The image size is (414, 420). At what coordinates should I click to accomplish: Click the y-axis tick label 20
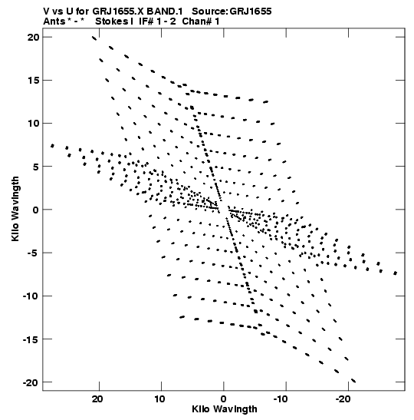pyautogui.click(x=33, y=37)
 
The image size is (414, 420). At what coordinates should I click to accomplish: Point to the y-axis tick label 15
pyautogui.click(x=33, y=80)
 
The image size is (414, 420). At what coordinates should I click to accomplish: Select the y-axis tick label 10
pyautogui.click(x=33, y=123)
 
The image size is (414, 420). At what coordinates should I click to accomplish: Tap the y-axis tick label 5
pyautogui.click(x=36, y=167)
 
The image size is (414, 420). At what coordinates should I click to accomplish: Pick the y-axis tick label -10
pyautogui.click(x=31, y=296)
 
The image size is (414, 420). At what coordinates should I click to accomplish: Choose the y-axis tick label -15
pyautogui.click(x=31, y=339)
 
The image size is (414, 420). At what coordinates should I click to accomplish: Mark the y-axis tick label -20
pyautogui.click(x=31, y=382)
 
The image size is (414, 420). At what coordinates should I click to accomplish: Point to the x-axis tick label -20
pyautogui.click(x=343, y=399)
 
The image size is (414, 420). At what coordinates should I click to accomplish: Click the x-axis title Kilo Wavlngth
pyautogui.click(x=225, y=409)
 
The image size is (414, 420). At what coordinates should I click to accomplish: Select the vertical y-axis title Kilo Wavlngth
pyautogui.click(x=15, y=209)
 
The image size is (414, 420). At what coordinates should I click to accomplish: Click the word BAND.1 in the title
pyautogui.click(x=165, y=12)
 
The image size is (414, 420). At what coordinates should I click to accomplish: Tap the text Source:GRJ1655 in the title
pyautogui.click(x=232, y=12)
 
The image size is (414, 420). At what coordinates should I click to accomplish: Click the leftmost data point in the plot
pyautogui.click(x=52, y=146)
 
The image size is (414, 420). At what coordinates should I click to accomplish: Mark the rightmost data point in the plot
pyautogui.click(x=396, y=273)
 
